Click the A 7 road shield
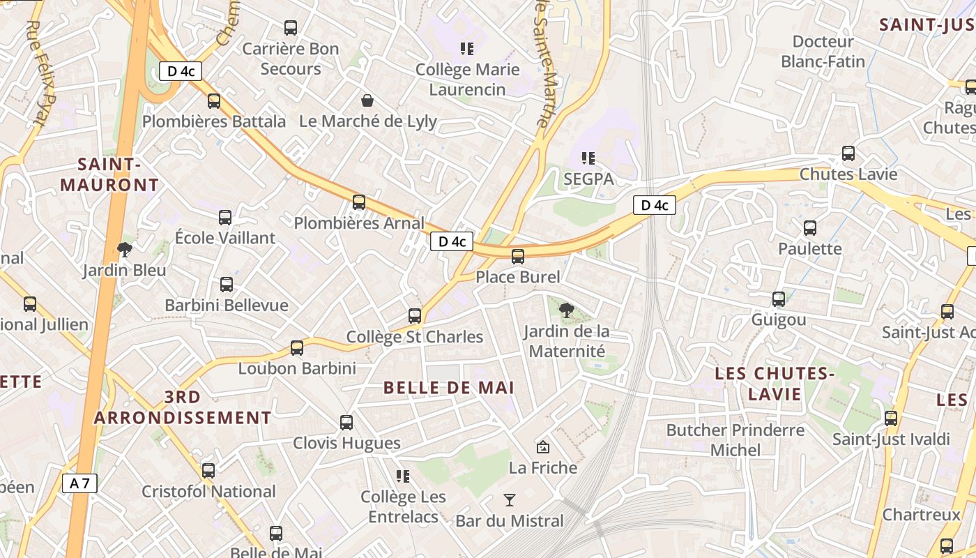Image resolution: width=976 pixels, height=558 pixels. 79,483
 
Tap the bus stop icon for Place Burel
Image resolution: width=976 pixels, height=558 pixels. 518,257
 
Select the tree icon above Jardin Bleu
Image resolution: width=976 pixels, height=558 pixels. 125,249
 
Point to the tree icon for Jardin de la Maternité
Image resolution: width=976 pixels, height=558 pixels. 567,310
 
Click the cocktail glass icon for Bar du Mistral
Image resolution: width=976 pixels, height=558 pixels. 510,499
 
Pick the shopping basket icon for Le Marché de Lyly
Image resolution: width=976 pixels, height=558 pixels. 367,100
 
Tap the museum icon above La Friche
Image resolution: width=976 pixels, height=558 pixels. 542,446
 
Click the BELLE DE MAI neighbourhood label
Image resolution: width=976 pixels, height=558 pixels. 449,388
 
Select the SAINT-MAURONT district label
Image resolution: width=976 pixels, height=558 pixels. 109,174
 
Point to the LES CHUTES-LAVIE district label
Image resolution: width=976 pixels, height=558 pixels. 775,384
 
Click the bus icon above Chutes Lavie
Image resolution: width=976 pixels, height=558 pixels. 848,153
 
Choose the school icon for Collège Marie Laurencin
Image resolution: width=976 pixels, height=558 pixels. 467,49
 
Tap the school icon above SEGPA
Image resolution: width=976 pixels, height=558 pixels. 588,158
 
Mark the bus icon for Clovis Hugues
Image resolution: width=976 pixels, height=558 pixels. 346,423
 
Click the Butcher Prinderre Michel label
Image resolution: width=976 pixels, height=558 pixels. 735,439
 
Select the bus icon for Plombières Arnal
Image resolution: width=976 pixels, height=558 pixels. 359,202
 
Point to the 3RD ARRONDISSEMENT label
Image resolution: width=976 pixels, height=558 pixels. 183,407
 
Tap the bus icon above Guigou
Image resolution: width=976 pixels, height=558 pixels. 779,299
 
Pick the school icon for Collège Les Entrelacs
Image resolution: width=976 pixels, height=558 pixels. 403,476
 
